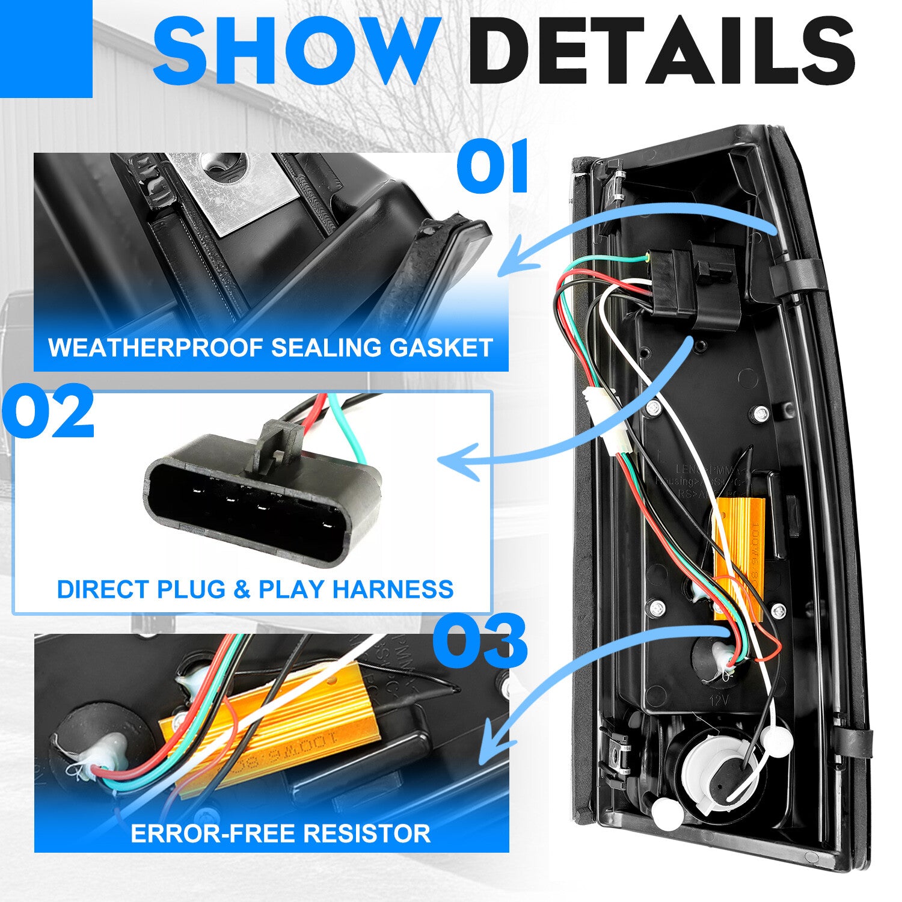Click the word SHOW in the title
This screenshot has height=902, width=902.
(295, 51)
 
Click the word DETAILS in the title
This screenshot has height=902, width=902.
(661, 51)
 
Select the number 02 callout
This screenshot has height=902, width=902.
(48, 414)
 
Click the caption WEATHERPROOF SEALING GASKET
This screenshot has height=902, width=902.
(271, 348)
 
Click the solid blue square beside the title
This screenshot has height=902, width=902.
(46, 48)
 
